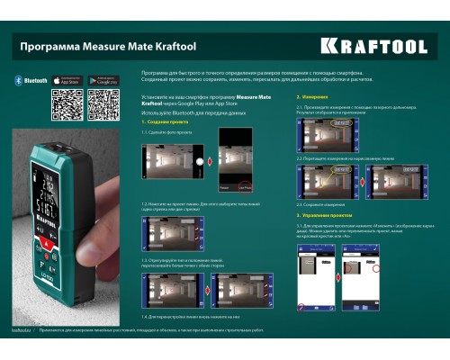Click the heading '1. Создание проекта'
(x=162, y=121)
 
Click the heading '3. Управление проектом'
(x=325, y=215)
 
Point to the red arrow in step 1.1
(x=210, y=163)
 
